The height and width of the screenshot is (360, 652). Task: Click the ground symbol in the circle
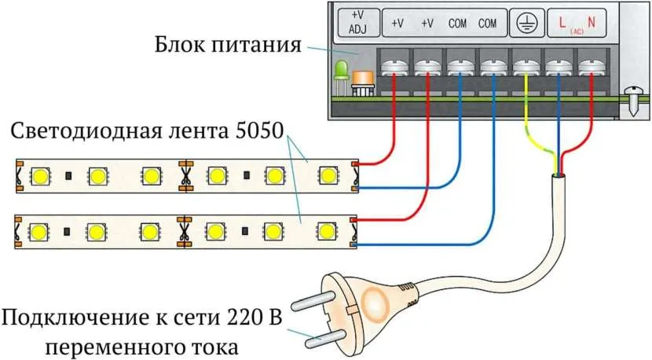point(522,24)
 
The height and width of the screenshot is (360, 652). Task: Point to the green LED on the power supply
point(342,73)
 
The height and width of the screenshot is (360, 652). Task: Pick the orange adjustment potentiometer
point(363,80)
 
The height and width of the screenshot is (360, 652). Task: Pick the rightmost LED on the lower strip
point(324,230)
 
